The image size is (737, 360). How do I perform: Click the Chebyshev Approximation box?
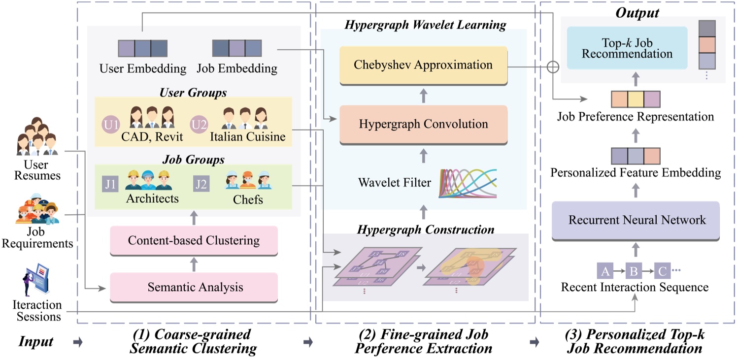pos(423,65)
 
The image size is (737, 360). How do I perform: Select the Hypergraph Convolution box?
pos(423,124)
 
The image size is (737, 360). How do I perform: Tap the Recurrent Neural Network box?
pos(637,220)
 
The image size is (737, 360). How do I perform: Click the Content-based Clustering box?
pos(194,240)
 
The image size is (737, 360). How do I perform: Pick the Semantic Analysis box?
pos(194,287)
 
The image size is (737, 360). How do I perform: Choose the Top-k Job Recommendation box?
pos(627,48)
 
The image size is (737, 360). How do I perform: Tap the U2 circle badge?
pos(199,124)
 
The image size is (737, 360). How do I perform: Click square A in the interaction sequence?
pos(605,271)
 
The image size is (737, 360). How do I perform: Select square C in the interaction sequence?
pos(663,271)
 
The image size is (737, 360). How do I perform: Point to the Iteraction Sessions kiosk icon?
pos(34,279)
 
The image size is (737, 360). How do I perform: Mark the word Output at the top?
pos(637,12)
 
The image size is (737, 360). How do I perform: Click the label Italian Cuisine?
pos(247,136)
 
